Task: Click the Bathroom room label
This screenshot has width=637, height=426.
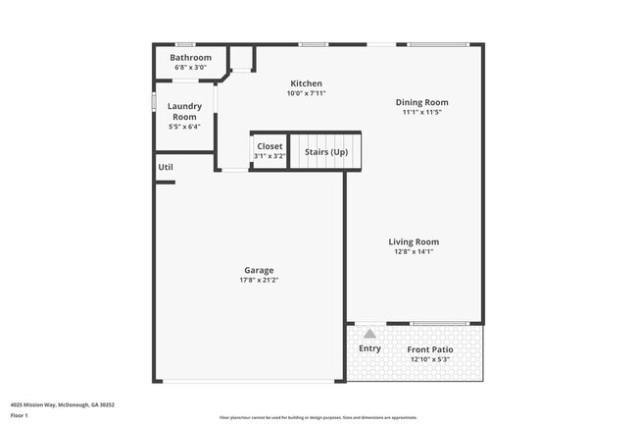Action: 190,58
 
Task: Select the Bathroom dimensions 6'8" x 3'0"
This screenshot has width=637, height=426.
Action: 190,68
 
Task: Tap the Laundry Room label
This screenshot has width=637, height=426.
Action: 183,112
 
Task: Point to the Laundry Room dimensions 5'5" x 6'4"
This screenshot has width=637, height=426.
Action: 183,127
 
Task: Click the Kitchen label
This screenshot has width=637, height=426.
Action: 306,83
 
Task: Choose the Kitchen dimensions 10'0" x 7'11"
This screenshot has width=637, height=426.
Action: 306,93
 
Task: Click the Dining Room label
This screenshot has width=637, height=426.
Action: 421,102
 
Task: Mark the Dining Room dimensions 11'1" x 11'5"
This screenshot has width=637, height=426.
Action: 421,112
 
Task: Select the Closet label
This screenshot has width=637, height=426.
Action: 269,146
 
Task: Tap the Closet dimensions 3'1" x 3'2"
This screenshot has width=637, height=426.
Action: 269,156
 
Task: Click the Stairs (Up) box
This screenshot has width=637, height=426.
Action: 325,152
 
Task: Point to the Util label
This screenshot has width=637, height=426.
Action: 166,167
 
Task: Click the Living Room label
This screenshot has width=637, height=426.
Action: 413,241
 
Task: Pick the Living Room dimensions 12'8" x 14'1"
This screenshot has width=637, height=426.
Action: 413,252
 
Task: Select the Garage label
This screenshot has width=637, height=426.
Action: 259,270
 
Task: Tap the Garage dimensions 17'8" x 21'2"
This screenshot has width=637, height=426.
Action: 259,281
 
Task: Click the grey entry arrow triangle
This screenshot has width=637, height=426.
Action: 369,335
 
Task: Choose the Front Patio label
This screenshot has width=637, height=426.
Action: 431,349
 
